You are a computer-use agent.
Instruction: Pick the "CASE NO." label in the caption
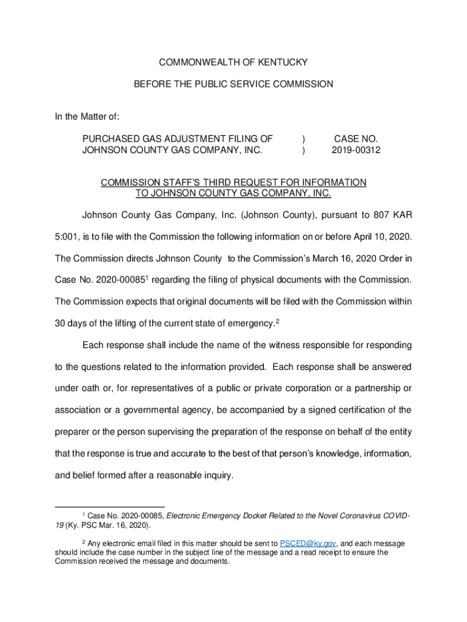(x=356, y=138)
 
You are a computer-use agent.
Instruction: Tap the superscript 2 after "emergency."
(x=277, y=321)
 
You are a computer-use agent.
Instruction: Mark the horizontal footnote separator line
(x=110, y=507)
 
